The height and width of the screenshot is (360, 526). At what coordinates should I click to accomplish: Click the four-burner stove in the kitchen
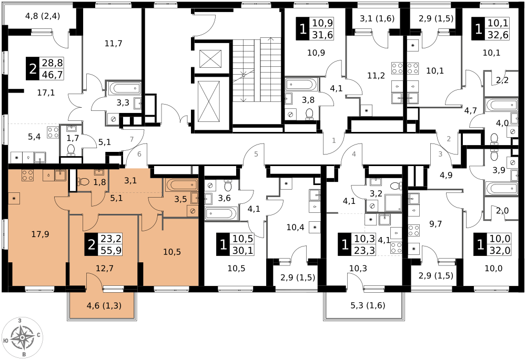pos(28,175)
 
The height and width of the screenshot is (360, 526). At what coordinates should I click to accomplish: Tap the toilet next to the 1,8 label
pos(83,182)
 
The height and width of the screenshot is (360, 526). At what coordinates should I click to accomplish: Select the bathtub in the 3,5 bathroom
pos(181,184)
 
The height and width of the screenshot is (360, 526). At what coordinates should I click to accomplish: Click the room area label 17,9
pos(40,234)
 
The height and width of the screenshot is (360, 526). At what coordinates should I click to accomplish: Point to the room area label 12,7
pos(105,268)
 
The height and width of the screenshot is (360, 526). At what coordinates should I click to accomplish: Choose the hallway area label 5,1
pos(116,198)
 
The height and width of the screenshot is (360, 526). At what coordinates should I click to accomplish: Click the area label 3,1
pos(130,181)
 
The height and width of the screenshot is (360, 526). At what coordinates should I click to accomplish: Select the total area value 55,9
pos(110,251)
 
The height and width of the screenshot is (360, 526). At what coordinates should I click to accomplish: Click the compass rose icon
pos(22,337)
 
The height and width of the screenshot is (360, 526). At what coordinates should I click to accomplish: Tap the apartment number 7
pos(132,139)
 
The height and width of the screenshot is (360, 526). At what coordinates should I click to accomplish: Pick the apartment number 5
pos(256,154)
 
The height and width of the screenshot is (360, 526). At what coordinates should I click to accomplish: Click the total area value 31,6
pos(322,35)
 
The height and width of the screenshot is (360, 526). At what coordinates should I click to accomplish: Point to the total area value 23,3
pos(365,250)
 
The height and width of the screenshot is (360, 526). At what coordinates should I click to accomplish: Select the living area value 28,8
pos(52,63)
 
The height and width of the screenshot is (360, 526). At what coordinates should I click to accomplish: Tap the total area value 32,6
pos(498,35)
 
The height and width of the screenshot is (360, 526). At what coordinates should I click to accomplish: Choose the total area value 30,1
pos(243,250)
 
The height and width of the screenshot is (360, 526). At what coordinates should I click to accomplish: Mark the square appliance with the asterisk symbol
pos(14,199)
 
